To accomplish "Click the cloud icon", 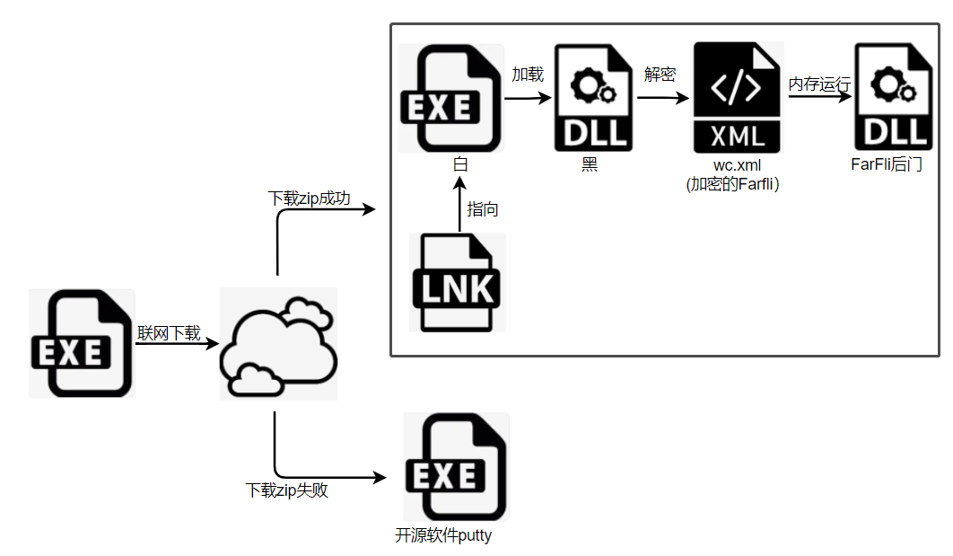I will (278, 343).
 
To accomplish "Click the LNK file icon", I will (458, 282).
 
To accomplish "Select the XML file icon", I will (738, 98).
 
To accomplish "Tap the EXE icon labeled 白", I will (450, 98).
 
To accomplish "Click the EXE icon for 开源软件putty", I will (456, 467).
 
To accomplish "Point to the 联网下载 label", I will (170, 332).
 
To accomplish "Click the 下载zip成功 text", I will (310, 198).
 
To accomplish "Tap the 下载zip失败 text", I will (287, 490).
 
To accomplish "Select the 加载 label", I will (528, 74).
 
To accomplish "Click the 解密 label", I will (660, 74).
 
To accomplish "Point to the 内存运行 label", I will (819, 84).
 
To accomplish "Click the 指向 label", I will (483, 209).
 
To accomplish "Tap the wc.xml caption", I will (738, 165).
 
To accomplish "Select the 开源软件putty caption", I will (443, 536).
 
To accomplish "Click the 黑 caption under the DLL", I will (589, 165).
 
